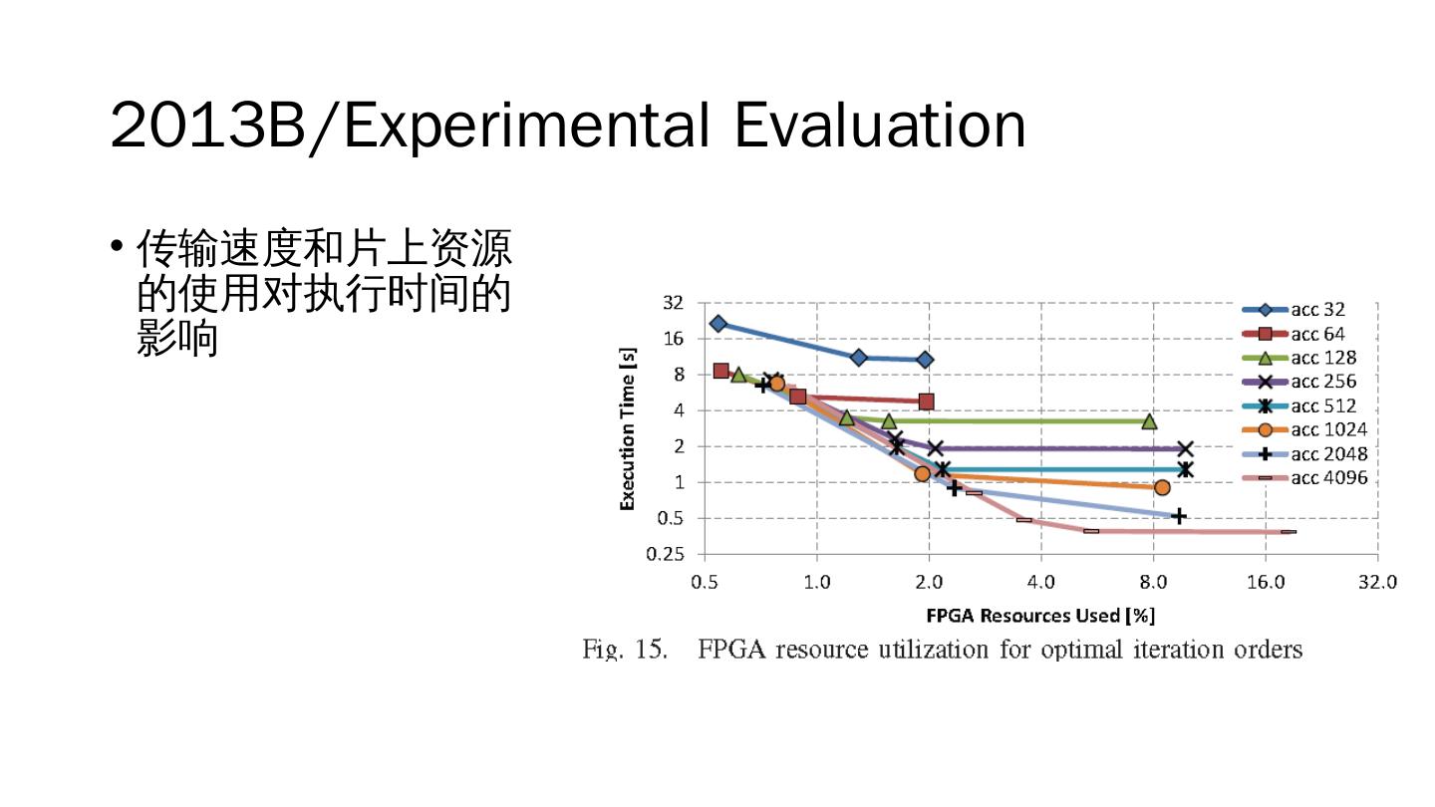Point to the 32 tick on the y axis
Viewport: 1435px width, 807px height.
674,302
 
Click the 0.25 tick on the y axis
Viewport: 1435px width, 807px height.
667,555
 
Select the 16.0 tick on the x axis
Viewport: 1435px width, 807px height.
1266,582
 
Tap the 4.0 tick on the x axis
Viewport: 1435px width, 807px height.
1040,582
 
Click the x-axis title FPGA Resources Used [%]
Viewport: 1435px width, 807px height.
1040,616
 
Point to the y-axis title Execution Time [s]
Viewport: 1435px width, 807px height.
628,428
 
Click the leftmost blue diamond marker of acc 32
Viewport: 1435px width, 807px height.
717,324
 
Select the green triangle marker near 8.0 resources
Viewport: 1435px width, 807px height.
1149,421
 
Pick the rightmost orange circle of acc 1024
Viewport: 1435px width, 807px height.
1162,487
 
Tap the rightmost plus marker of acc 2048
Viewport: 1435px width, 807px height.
1178,516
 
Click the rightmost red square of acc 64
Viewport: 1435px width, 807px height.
926,402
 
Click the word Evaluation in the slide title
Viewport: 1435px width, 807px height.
880,128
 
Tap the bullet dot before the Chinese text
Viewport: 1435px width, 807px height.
118,245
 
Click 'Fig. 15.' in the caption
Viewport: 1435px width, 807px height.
624,651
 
